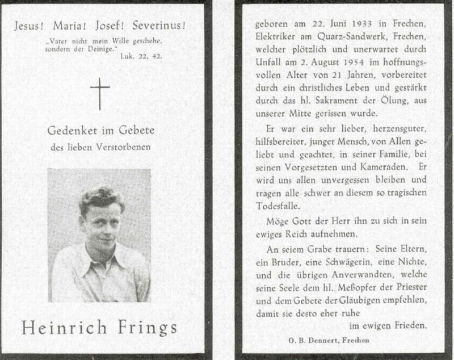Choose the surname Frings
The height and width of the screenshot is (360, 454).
click(x=146, y=329)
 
